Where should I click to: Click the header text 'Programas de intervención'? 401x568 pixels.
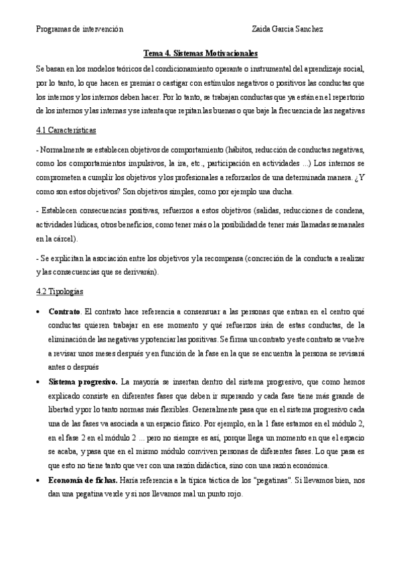pyautogui.click(x=79, y=29)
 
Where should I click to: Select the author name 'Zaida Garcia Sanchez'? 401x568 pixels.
pyautogui.click(x=287, y=29)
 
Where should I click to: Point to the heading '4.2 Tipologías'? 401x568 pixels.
pyautogui.click(x=61, y=291)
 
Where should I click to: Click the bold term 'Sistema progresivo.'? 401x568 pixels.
pyautogui.click(x=83, y=382)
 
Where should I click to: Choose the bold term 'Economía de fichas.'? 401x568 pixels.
pyautogui.click(x=84, y=481)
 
